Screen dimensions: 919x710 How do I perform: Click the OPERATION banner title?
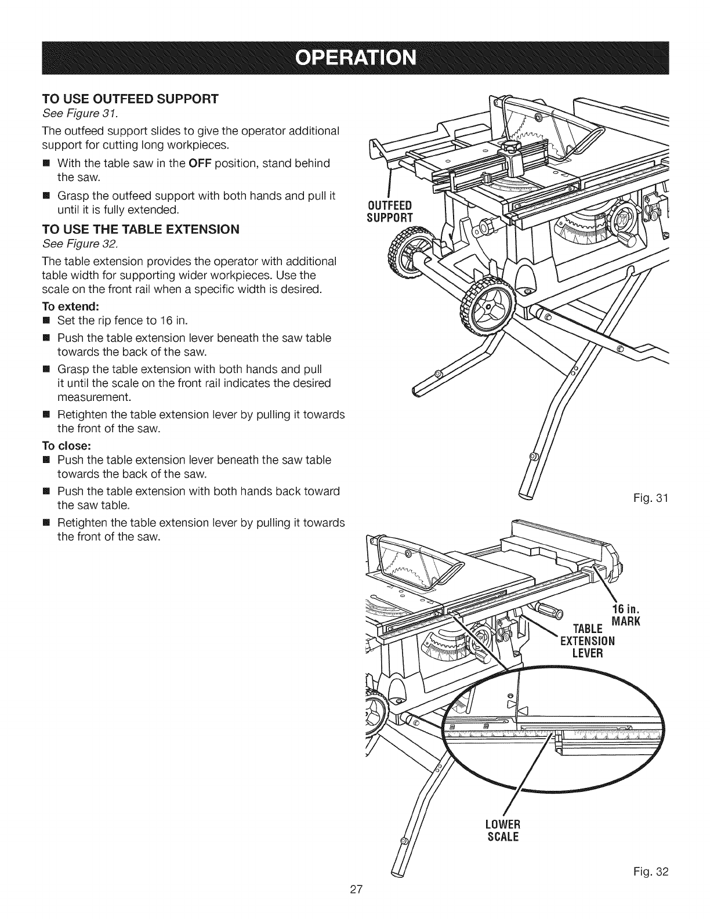click(354, 59)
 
